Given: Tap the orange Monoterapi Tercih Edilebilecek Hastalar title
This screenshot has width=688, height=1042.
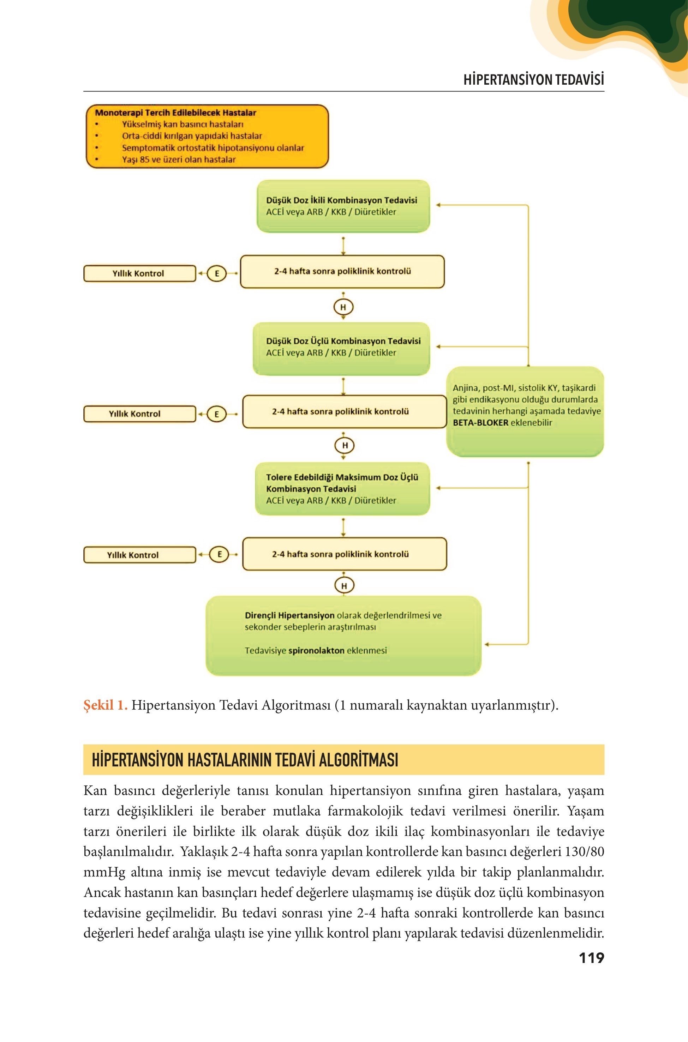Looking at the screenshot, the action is point(175,113).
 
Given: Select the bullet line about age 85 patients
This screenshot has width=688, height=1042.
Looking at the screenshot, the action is point(179,159).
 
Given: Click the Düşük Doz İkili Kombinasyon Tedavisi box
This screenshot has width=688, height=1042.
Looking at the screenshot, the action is point(343,206).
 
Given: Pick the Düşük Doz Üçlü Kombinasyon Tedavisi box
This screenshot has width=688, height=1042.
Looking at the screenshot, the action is point(341,349).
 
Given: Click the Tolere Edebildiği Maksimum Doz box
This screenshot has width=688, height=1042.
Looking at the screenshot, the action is point(343,489).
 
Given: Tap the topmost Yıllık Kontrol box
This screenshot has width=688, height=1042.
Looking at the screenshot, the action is point(139,273).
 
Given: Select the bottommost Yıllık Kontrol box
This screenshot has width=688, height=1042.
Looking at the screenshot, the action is point(139,555).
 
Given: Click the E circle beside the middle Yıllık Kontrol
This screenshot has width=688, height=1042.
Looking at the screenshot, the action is point(216,414).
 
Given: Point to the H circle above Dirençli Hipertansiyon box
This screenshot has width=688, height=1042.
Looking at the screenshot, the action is point(344,585).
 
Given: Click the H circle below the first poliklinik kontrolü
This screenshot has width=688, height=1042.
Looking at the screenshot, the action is point(343,307).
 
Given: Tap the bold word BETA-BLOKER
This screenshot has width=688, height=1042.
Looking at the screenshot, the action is point(480,423).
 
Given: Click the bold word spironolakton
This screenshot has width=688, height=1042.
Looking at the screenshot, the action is point(316,650).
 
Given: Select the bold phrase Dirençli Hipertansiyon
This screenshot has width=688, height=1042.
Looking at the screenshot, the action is point(289,615).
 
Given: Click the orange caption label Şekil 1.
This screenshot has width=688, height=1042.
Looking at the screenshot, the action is point(105,705).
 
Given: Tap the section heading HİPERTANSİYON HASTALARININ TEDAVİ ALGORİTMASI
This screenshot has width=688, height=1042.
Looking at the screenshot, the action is point(245,760).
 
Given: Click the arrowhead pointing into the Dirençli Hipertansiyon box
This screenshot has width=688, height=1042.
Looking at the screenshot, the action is point(487,644).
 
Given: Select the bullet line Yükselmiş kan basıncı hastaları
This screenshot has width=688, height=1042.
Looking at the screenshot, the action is point(183,124).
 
